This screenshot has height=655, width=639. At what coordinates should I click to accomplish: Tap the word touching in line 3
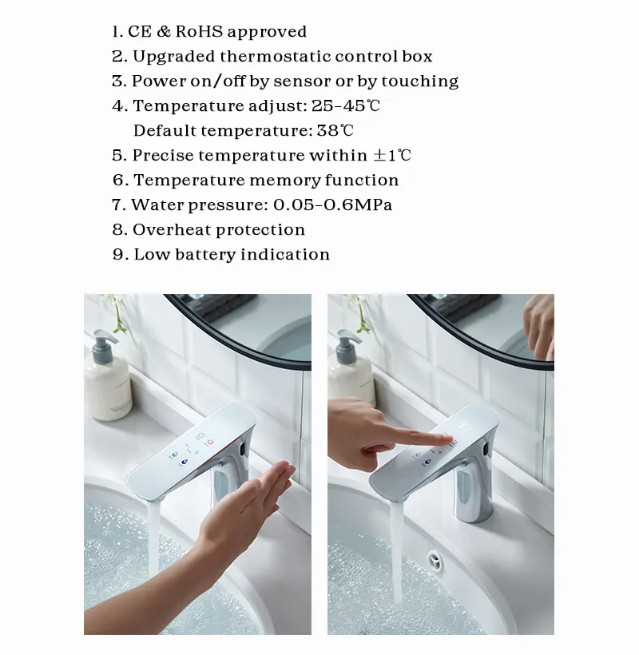tap(420, 81)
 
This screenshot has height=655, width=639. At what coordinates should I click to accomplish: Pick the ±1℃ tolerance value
tap(393, 156)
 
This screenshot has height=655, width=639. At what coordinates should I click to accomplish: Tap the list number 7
tap(118, 205)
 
